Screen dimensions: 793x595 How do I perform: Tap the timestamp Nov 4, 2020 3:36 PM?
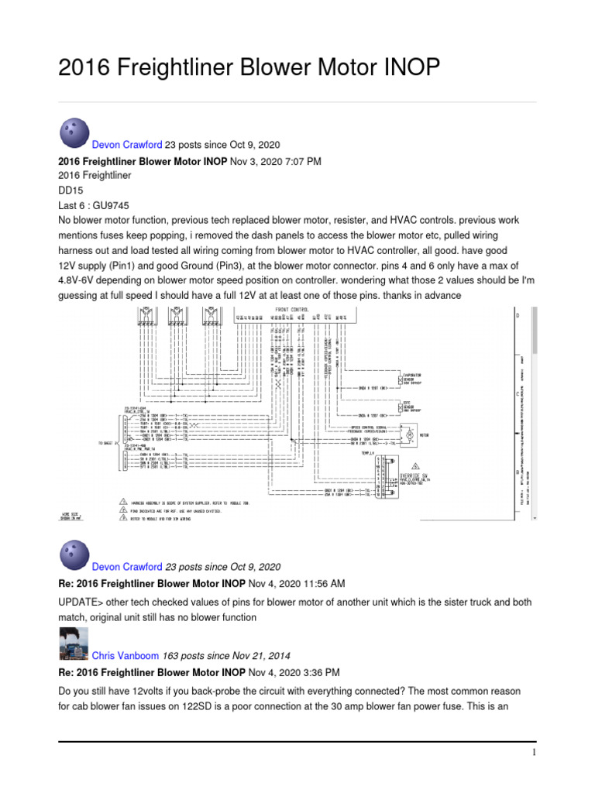click(294, 671)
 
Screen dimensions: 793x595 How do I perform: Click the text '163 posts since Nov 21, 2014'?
click(221, 655)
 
